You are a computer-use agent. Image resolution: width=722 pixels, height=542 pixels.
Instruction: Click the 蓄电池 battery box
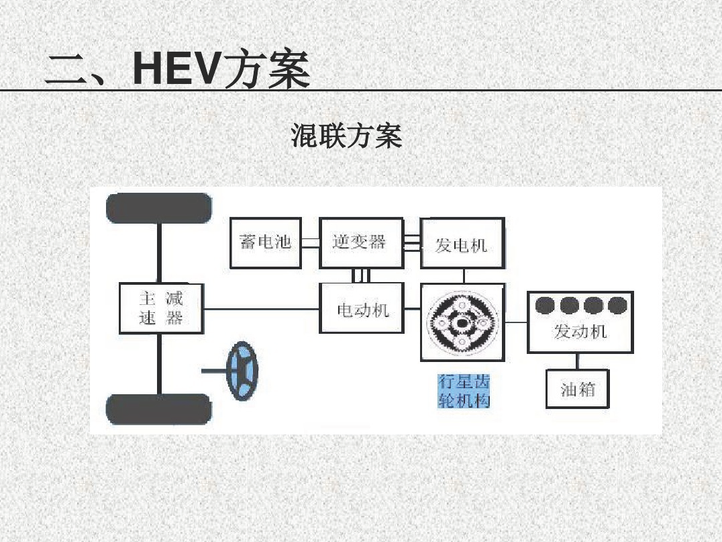[265, 242]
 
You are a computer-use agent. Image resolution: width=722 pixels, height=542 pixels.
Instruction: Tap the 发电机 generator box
[462, 244]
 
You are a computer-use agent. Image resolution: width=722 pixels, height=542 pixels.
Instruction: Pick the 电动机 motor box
[362, 309]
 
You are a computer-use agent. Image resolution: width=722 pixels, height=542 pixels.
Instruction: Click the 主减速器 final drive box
[161, 308]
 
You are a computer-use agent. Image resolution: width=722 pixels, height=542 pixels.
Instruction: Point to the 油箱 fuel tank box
[578, 389]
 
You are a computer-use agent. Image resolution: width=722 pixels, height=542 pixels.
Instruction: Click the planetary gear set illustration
[462, 323]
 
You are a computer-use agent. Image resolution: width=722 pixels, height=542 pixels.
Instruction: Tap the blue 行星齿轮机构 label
[464, 391]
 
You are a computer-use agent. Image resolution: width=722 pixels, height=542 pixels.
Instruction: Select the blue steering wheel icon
[242, 371]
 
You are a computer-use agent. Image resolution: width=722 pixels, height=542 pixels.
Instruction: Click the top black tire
[159, 208]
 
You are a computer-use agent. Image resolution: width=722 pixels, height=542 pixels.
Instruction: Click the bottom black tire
[159, 409]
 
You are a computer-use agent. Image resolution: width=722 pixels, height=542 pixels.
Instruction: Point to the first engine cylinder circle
[545, 306]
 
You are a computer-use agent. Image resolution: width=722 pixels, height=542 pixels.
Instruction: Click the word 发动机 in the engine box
[580, 331]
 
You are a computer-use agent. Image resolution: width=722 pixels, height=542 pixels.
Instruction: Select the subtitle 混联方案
[346, 136]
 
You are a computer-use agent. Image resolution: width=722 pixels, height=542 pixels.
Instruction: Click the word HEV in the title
[176, 69]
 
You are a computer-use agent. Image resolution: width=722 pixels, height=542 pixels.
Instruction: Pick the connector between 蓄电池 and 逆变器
[310, 242]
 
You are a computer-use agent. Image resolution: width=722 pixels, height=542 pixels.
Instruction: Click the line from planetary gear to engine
[515, 323]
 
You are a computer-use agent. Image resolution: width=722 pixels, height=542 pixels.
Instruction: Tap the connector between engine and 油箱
[578, 361]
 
